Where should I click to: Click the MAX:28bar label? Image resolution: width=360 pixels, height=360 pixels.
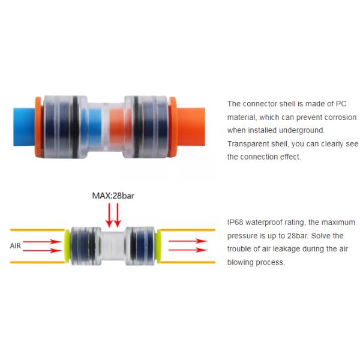pyautogui.click(x=113, y=196)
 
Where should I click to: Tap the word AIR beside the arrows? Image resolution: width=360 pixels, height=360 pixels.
pyautogui.click(x=18, y=245)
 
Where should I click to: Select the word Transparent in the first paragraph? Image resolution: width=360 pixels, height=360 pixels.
pyautogui.click(x=248, y=143)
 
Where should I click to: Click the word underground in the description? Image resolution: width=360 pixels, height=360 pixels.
pyautogui.click(x=302, y=130)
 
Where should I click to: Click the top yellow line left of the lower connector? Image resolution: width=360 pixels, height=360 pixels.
pyautogui.click(x=36, y=230)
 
